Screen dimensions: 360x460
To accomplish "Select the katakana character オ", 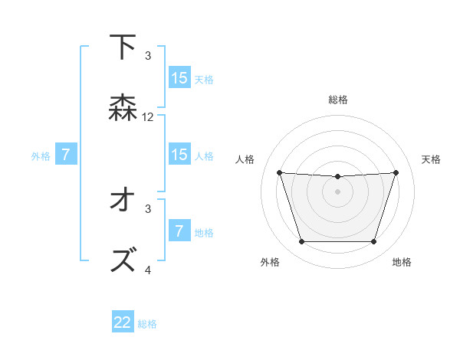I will pos(123,201).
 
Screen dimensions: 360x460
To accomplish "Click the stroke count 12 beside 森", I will pos(148,117).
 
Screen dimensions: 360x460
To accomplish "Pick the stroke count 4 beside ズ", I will pos(148,270).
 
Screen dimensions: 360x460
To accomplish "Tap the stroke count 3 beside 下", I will pos(148,56).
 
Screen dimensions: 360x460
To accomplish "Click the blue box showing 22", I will pos(123,322).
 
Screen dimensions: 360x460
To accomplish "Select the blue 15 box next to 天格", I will pos(179,78).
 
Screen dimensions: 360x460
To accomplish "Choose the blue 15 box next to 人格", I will pos(179,155).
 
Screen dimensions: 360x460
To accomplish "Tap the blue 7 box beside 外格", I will pos(66,155).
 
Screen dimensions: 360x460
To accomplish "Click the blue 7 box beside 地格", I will pos(179,231).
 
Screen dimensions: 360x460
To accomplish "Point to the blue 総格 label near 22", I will pos(147,324).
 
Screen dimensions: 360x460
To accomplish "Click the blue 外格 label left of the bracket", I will pos(41,156).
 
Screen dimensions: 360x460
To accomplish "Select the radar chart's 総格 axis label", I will pos(338,100).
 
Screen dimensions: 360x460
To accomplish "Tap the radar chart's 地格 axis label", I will pos(402,263).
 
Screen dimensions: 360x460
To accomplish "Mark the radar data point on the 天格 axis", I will pos(396,172).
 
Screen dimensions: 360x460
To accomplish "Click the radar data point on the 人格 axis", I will pos(279,172).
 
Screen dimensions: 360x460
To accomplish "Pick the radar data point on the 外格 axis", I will pos(301,242).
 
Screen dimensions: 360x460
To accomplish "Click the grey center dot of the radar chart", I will pos(337,191).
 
